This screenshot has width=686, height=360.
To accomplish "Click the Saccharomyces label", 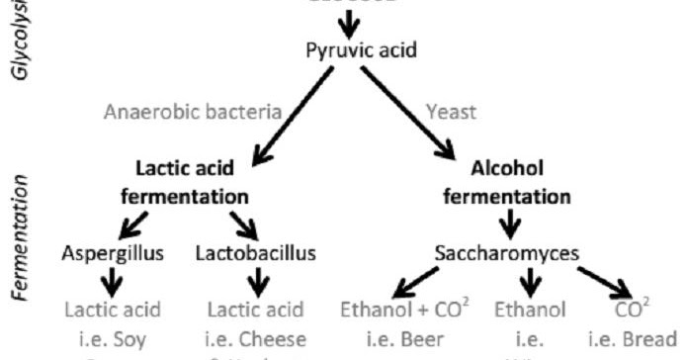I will [507, 254].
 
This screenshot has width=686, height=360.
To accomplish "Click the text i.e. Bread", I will [632, 336].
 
